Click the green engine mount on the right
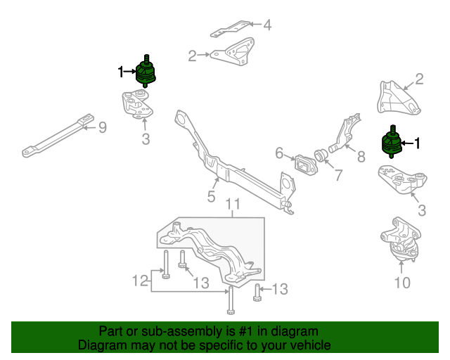(390, 143)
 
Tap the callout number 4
(266, 26)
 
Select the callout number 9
(102, 127)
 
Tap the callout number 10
(401, 283)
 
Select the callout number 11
(233, 205)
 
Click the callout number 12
(141, 281)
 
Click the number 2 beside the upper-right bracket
(419, 79)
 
